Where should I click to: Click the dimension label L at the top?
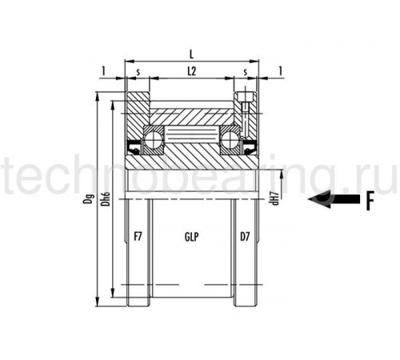(x=191, y=54)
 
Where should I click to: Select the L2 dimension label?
(x=192, y=71)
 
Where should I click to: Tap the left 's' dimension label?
(x=138, y=72)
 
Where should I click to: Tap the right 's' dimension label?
(x=246, y=72)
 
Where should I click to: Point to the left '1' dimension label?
(x=104, y=71)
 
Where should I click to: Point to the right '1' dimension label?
(x=280, y=71)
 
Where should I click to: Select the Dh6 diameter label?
(x=106, y=199)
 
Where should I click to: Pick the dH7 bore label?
(x=275, y=198)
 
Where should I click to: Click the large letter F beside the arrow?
(x=370, y=200)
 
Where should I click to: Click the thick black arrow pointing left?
(x=334, y=199)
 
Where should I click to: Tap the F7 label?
(x=138, y=237)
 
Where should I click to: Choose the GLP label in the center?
(x=192, y=237)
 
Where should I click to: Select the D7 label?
(x=245, y=237)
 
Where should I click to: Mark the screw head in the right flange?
(x=245, y=97)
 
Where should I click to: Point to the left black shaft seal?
(x=134, y=147)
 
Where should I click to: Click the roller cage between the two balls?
(x=192, y=134)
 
